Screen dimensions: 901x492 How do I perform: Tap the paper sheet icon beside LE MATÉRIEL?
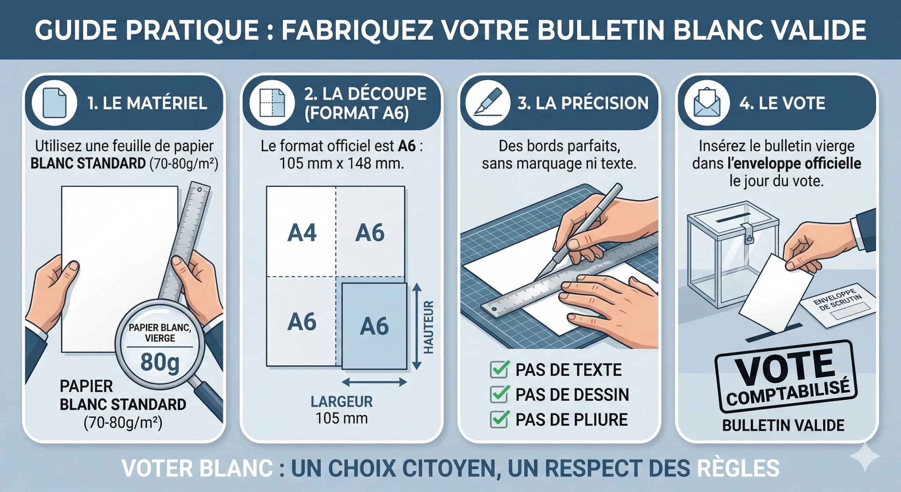tap(54, 103)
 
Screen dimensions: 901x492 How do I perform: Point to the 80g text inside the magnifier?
tap(160, 362)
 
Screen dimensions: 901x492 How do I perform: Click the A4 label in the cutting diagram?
tap(302, 233)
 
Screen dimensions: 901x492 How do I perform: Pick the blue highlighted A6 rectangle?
tap(374, 326)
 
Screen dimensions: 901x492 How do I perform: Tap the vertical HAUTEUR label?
tap(428, 327)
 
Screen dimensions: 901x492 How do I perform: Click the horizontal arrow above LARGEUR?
tap(374, 382)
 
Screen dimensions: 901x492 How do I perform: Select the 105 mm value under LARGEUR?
tap(341, 418)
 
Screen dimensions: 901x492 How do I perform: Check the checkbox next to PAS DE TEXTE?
tap(499, 370)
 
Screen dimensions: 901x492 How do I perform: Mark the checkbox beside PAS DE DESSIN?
tap(499, 394)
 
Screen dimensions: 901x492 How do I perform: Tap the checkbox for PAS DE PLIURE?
tap(499, 419)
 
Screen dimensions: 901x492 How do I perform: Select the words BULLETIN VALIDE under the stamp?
tap(783, 425)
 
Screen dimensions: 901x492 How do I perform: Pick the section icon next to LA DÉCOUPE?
tap(272, 103)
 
